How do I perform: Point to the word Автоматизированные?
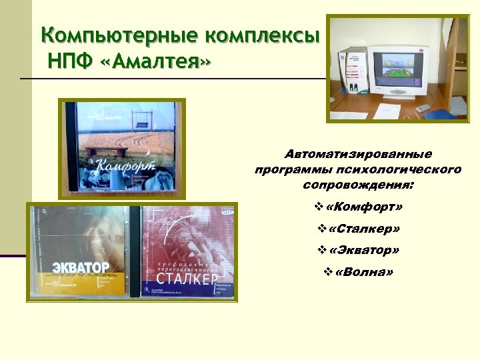point(358,155)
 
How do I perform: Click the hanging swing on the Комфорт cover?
point(141,121)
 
